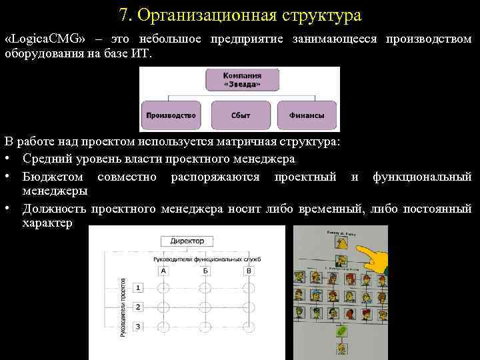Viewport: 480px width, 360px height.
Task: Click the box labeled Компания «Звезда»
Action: coord(242,79)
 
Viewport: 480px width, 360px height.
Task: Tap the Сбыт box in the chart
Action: coord(241,115)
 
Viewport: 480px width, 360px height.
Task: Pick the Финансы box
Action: coord(307,115)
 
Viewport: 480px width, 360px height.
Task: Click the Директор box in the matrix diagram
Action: coord(187,241)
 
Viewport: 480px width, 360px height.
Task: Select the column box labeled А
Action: coord(164,271)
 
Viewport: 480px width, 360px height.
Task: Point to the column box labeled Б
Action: coord(206,271)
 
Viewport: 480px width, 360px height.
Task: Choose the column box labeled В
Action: coord(249,271)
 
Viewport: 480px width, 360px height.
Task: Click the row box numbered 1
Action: coord(137,288)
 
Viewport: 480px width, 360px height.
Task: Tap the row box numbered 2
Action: coord(137,307)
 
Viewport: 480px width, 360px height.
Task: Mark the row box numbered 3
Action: coord(137,327)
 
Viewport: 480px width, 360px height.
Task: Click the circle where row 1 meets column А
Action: coord(164,288)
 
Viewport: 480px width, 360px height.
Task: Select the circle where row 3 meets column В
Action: coord(249,327)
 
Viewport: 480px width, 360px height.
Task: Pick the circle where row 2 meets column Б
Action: coord(206,307)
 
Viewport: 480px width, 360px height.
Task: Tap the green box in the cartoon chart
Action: coord(341,329)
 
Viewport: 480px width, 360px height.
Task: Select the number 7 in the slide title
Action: coord(124,15)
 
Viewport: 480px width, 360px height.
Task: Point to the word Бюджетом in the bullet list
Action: coord(53,177)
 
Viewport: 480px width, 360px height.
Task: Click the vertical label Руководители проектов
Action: coord(123,307)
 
